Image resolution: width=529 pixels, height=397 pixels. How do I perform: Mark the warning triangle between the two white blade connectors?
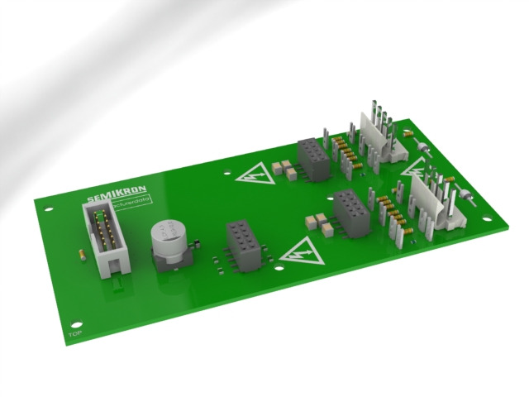pyautogui.click(x=416, y=169)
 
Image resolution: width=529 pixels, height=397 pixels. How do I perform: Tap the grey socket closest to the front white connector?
pyautogui.click(x=350, y=212)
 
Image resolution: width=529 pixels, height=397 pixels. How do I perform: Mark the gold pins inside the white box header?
pyautogui.click(x=106, y=232)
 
